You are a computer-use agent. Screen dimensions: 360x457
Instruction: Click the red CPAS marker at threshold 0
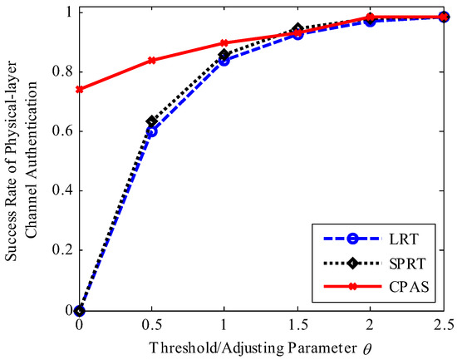pyautogui.click(x=79, y=89)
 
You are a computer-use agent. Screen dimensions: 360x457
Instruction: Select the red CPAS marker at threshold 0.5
pyautogui.click(x=151, y=60)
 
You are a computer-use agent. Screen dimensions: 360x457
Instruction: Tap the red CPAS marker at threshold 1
pyautogui.click(x=224, y=42)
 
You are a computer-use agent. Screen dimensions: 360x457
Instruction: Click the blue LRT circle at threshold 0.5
pyautogui.click(x=151, y=131)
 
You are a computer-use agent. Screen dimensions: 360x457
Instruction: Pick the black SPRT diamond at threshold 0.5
pyautogui.click(x=151, y=122)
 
